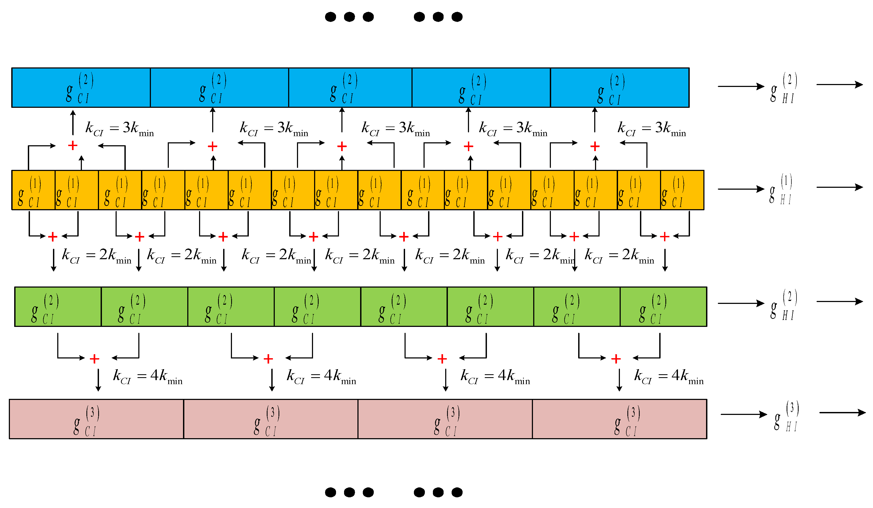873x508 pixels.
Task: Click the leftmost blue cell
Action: [x=81, y=88]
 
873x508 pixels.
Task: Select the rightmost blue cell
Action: [x=619, y=88]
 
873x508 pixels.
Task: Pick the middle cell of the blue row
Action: [x=350, y=88]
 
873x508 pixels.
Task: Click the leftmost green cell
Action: [x=58, y=307]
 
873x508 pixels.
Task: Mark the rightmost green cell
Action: [x=663, y=307]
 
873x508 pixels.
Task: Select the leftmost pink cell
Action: [x=96, y=419]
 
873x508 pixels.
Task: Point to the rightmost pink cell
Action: [x=619, y=419]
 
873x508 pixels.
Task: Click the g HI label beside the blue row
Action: [x=784, y=89]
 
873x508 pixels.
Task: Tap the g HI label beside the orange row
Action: [x=781, y=190]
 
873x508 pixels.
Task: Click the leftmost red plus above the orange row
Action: [x=73, y=146]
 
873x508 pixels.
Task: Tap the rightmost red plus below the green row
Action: [x=616, y=359]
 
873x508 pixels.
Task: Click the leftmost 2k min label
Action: [x=96, y=255]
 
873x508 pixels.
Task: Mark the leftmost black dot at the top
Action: [x=330, y=17]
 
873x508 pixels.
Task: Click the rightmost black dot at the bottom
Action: [x=457, y=492]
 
